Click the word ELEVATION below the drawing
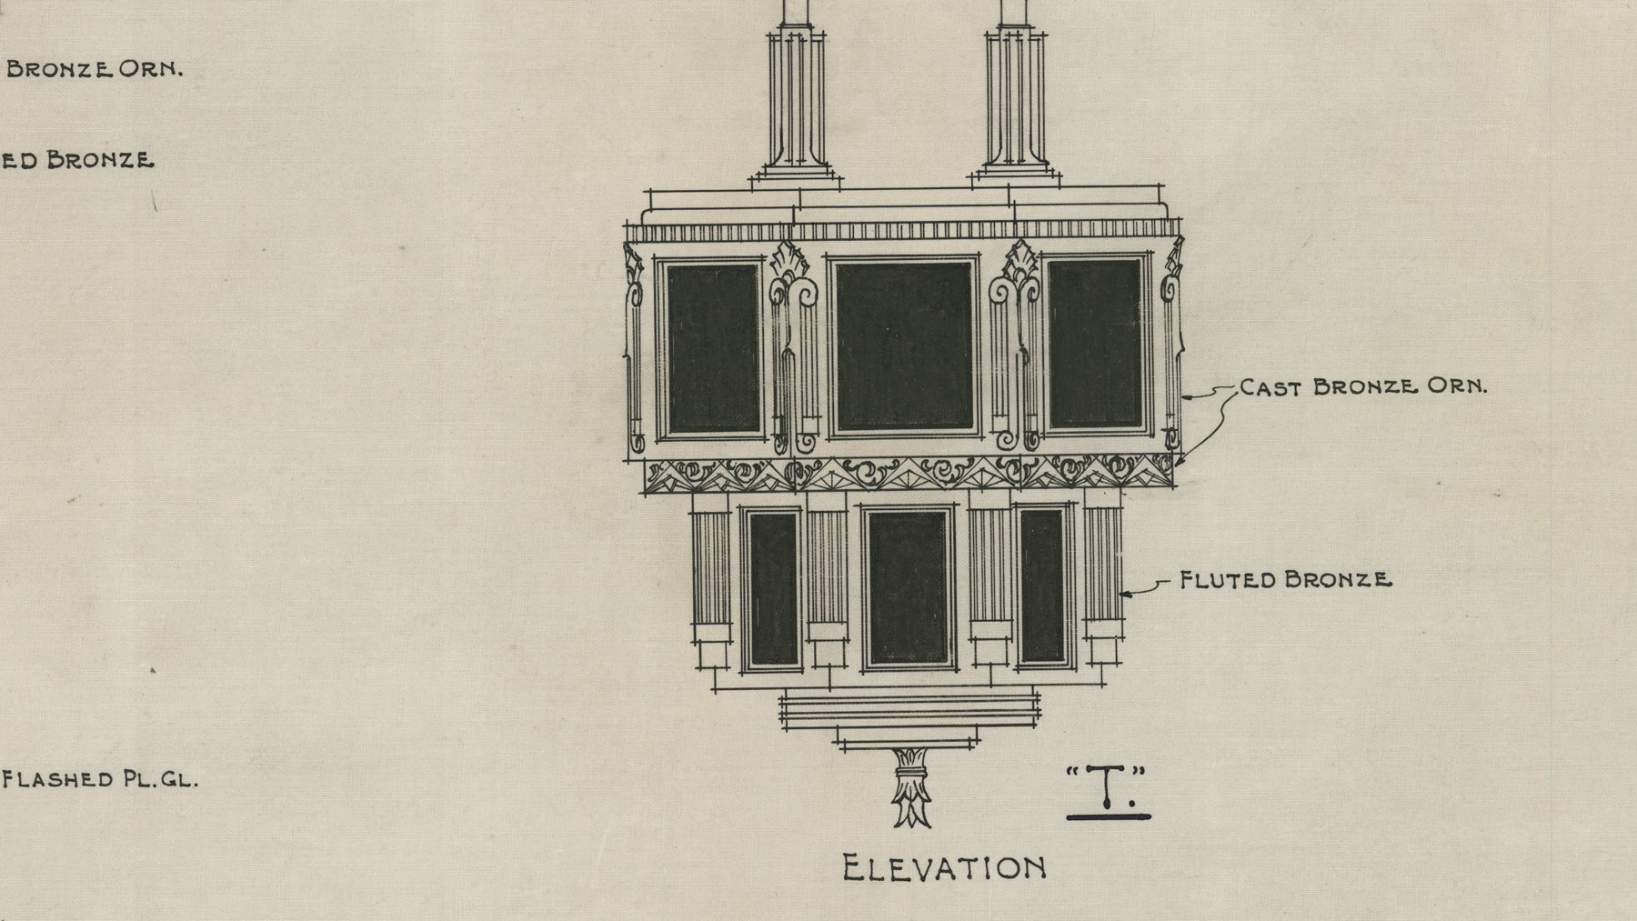[944, 867]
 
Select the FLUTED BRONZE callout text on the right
[1285, 579]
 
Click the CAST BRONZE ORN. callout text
[1363, 386]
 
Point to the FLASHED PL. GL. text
[99, 779]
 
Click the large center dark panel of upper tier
[903, 346]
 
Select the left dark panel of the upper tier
[713, 347]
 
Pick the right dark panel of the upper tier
[1094, 345]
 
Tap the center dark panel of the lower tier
[908, 588]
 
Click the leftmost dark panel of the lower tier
[773, 588]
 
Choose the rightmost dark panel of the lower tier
[1041, 586]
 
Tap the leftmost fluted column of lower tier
[710, 566]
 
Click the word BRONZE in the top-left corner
[59, 69]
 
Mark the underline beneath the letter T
[1109, 816]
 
